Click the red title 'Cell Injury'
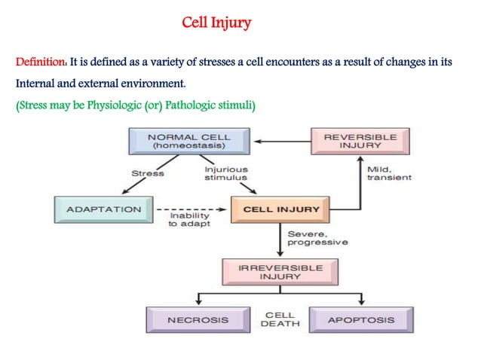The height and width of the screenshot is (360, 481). click(x=216, y=23)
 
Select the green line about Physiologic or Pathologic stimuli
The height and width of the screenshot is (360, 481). click(x=136, y=105)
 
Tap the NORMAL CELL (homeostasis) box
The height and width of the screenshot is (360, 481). click(x=190, y=142)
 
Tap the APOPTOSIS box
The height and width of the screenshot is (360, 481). click(x=360, y=319)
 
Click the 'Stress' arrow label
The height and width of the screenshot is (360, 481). click(x=148, y=174)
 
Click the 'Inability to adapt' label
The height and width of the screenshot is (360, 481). click(x=188, y=221)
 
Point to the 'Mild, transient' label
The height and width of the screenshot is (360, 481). click(x=388, y=173)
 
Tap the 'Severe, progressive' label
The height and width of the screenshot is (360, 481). click(x=317, y=239)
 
